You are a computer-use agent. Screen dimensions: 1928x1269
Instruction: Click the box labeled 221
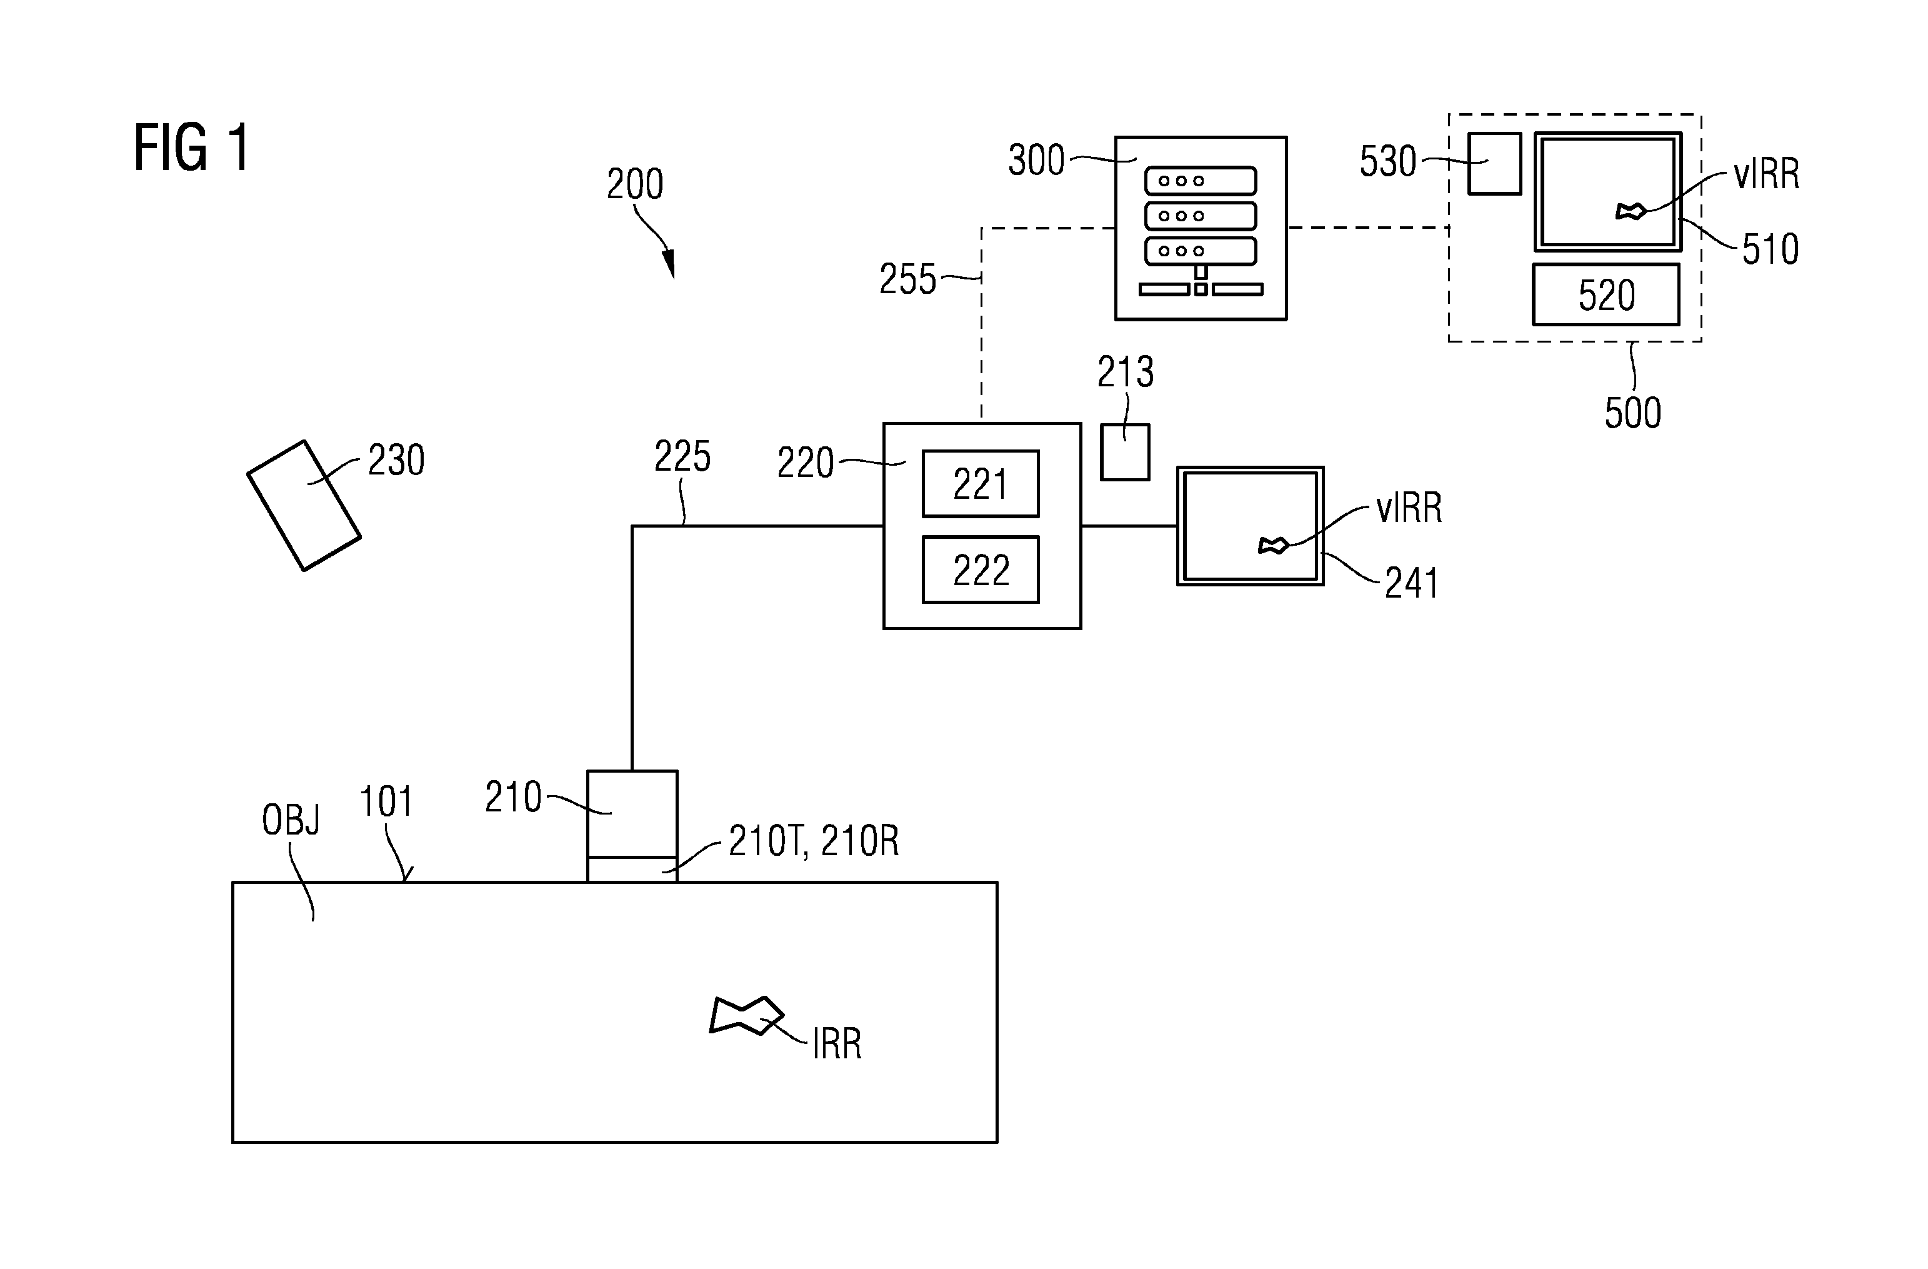980,484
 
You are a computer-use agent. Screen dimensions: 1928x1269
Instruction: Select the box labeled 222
980,569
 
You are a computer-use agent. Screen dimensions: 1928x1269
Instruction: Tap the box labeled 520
1606,294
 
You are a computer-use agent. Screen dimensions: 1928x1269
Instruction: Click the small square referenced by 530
1495,164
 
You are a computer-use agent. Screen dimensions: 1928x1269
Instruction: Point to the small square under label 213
1125,452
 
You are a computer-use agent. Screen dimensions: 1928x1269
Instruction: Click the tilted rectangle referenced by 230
304,506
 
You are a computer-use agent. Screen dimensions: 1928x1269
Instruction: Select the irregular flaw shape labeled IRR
746,1015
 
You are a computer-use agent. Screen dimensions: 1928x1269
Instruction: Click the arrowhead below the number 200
669,265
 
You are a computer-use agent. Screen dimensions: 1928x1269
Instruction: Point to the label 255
907,279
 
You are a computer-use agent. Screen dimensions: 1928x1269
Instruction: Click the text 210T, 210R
813,841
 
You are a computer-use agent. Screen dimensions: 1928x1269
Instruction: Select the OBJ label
291,820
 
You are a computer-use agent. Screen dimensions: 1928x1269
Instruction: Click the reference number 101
386,801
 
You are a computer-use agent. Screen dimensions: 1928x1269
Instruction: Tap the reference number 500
1632,413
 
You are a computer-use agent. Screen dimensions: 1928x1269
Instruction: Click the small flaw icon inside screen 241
1272,546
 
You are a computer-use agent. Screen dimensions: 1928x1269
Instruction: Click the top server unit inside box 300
1201,181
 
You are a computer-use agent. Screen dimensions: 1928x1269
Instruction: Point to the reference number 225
682,456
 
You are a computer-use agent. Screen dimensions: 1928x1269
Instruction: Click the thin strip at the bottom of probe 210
632,870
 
